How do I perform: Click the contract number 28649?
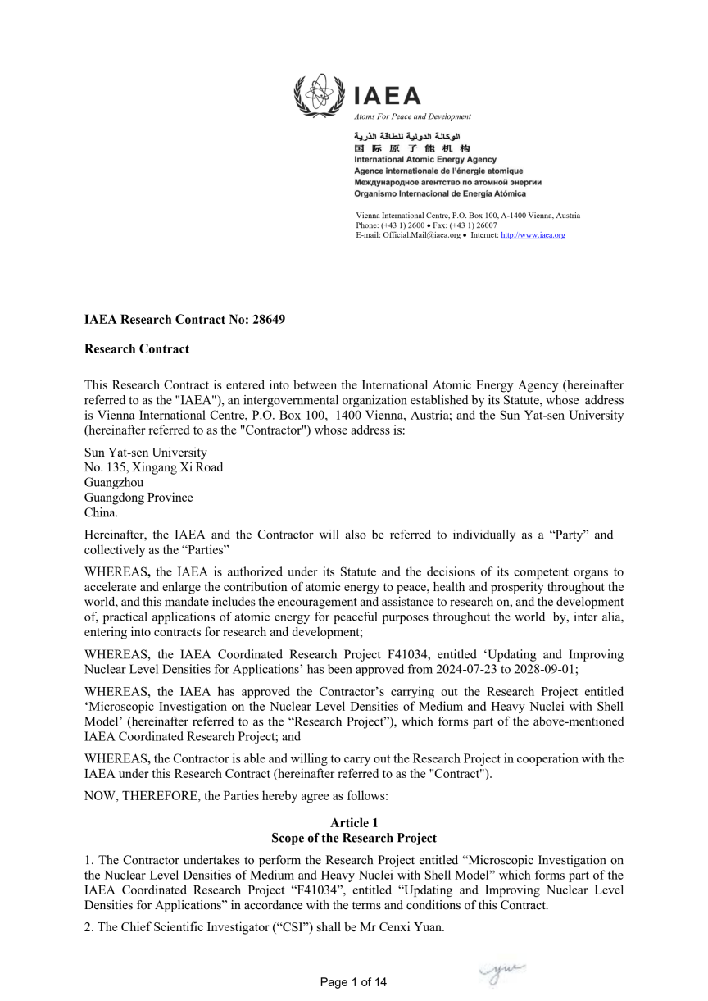269,320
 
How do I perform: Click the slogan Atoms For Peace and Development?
413,116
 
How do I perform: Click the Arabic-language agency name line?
407,136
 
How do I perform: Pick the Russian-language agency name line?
447,182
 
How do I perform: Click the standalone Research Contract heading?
137,349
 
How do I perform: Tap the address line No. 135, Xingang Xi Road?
154,467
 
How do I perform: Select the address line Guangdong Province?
139,497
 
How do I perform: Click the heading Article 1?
354,823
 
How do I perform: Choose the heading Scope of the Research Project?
354,838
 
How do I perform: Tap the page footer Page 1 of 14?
353,982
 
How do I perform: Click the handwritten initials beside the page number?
501,972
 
